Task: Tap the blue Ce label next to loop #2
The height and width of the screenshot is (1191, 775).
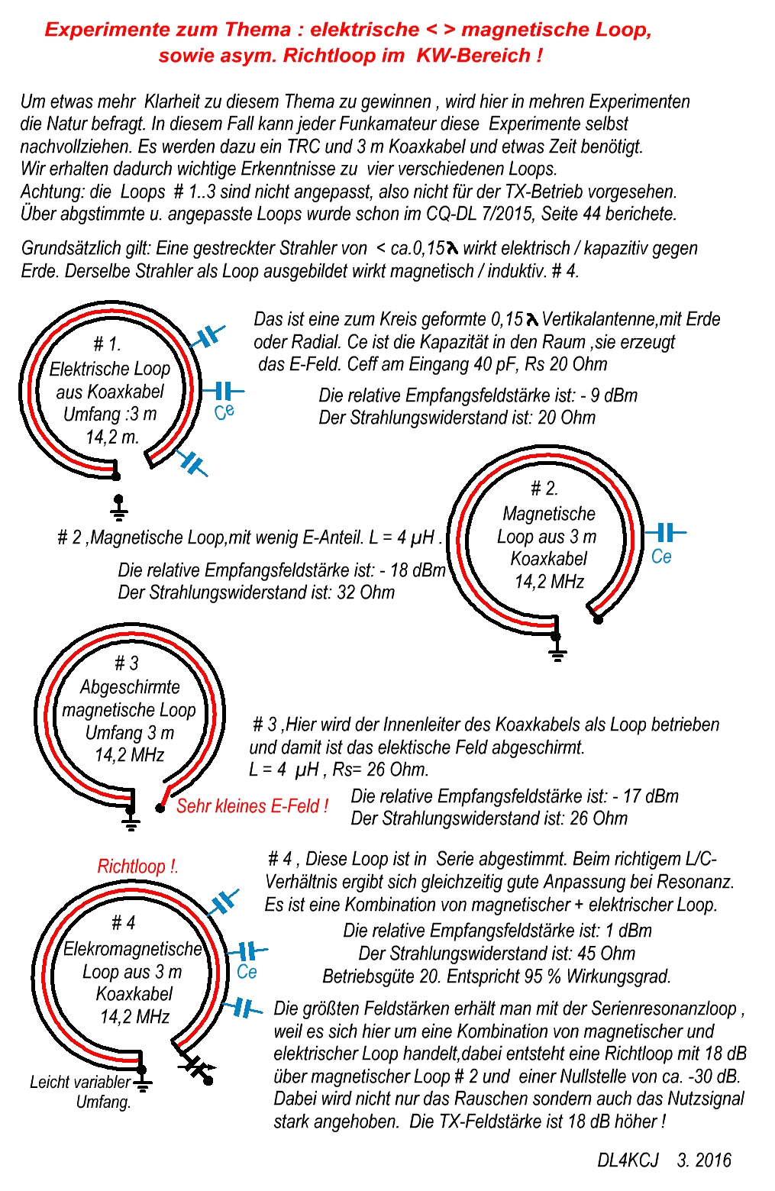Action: click(x=661, y=557)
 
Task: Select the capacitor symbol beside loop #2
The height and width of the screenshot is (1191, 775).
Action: click(x=665, y=532)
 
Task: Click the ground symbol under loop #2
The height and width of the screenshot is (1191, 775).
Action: click(x=557, y=651)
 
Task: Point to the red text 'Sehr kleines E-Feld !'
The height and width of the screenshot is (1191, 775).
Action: click(x=252, y=806)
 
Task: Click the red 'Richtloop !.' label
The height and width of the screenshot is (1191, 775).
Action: click(x=137, y=867)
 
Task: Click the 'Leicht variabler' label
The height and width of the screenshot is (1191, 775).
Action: click(x=80, y=1082)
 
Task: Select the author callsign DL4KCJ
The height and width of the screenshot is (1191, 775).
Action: click(x=628, y=1160)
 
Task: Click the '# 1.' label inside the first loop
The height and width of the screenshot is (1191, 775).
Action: click(x=107, y=344)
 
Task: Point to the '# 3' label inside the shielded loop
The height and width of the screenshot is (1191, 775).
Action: click(x=126, y=663)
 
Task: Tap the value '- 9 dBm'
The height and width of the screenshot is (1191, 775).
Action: click(x=609, y=395)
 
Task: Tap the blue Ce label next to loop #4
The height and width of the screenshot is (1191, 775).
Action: click(x=247, y=972)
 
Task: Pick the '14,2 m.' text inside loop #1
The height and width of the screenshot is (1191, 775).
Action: click(x=111, y=437)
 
